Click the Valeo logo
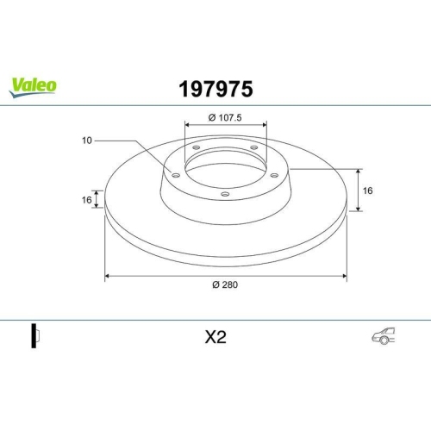33,84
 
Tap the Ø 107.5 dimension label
226,118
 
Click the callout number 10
87,140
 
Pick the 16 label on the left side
87,199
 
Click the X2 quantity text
215,339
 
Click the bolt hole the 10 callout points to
176,175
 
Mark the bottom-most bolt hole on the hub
225,194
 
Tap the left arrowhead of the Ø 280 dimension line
107,276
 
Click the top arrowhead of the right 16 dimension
357,169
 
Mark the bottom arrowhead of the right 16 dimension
357,209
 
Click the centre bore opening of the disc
225,164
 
